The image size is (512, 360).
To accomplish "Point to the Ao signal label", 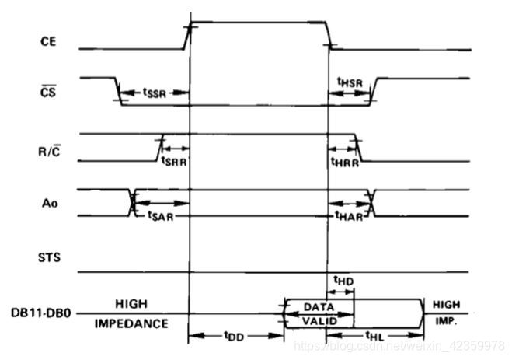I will (48, 204).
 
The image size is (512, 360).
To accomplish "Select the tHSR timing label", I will (348, 81).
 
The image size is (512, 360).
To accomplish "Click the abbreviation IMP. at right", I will (446, 320).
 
